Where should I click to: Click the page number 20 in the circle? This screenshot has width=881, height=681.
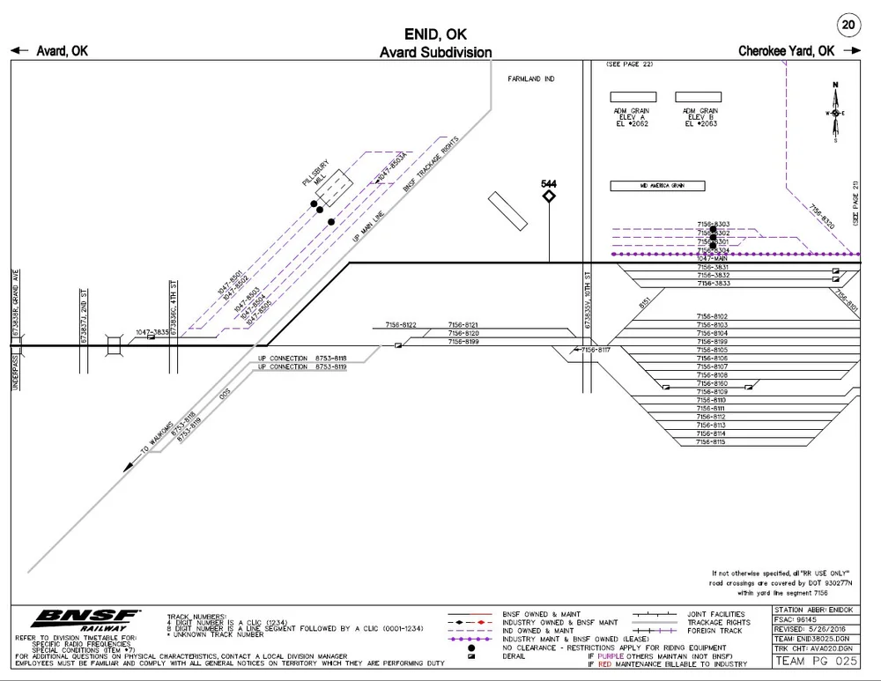(x=848, y=25)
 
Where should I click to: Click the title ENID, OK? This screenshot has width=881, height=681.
(x=435, y=34)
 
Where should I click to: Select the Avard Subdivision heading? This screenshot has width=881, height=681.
(x=435, y=53)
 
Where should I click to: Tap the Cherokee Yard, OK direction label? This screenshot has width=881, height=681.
(x=787, y=51)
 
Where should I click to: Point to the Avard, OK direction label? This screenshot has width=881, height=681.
(x=62, y=51)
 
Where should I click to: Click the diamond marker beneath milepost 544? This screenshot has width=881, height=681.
(x=549, y=196)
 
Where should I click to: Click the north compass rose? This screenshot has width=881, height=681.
(x=834, y=113)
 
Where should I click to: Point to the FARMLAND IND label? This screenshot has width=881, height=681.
(x=531, y=79)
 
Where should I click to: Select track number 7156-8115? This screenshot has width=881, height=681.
(x=710, y=442)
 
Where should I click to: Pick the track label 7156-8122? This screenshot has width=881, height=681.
(x=401, y=325)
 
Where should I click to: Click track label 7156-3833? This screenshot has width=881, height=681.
(x=713, y=284)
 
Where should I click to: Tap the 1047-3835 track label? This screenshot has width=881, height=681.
(x=152, y=332)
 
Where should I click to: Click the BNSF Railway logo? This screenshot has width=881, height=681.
(x=86, y=619)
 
